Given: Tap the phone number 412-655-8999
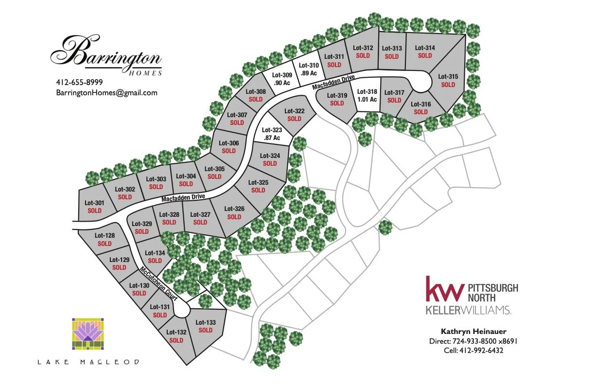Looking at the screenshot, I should click(79, 82).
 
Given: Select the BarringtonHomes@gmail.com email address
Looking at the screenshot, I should click(106, 92).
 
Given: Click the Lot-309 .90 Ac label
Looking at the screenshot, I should click(282, 79).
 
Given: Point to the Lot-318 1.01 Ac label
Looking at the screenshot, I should click(367, 95).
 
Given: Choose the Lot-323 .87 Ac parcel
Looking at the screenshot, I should click(271, 134).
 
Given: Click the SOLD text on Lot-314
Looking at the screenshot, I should click(425, 56).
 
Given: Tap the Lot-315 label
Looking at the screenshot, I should click(448, 76).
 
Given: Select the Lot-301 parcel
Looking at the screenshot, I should click(94, 207).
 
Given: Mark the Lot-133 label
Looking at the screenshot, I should click(205, 322).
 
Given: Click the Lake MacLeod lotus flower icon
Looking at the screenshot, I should click(88, 334).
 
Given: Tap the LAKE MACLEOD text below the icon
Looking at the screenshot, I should click(88, 362).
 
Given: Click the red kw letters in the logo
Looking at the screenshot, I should click(444, 289).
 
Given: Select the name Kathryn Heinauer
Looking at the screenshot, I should click(473, 332).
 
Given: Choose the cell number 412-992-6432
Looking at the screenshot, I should click(473, 350).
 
